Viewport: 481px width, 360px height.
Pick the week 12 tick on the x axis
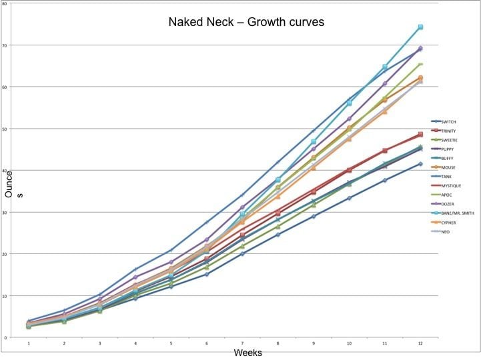click(420, 343)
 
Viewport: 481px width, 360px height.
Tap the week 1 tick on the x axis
click(29, 343)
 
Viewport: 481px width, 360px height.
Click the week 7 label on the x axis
click(242, 343)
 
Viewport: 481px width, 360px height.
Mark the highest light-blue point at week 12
click(420, 27)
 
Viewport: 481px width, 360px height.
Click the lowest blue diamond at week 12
click(420, 164)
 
